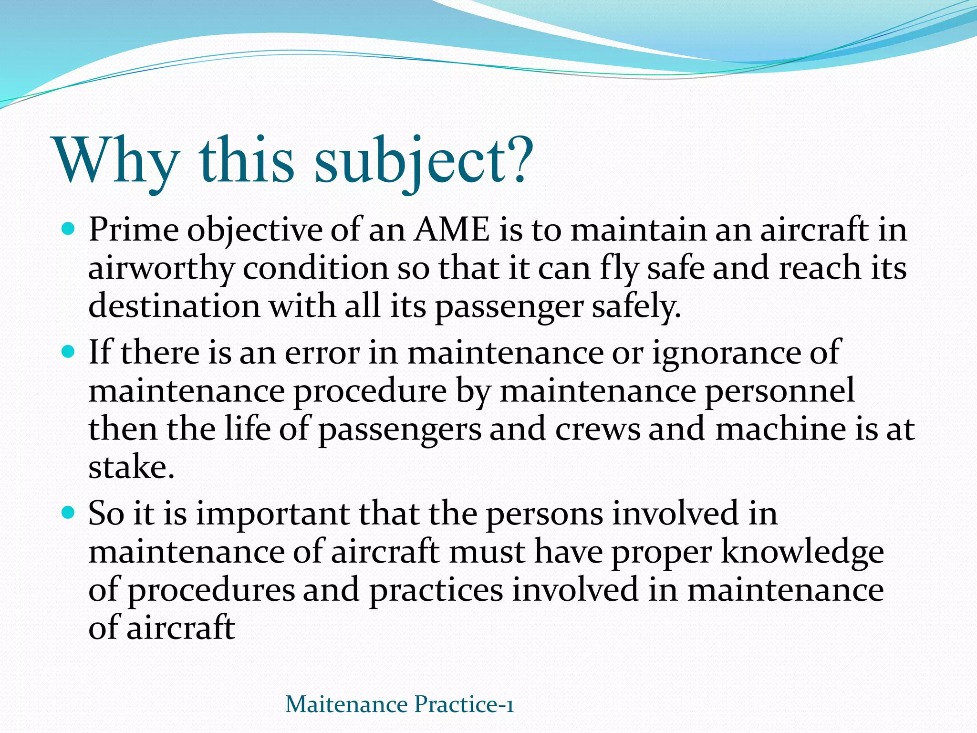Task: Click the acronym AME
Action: point(452,230)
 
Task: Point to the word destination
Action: point(174,306)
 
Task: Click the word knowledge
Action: point(802,552)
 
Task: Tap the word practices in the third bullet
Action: point(436,590)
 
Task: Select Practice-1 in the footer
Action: point(464,704)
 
